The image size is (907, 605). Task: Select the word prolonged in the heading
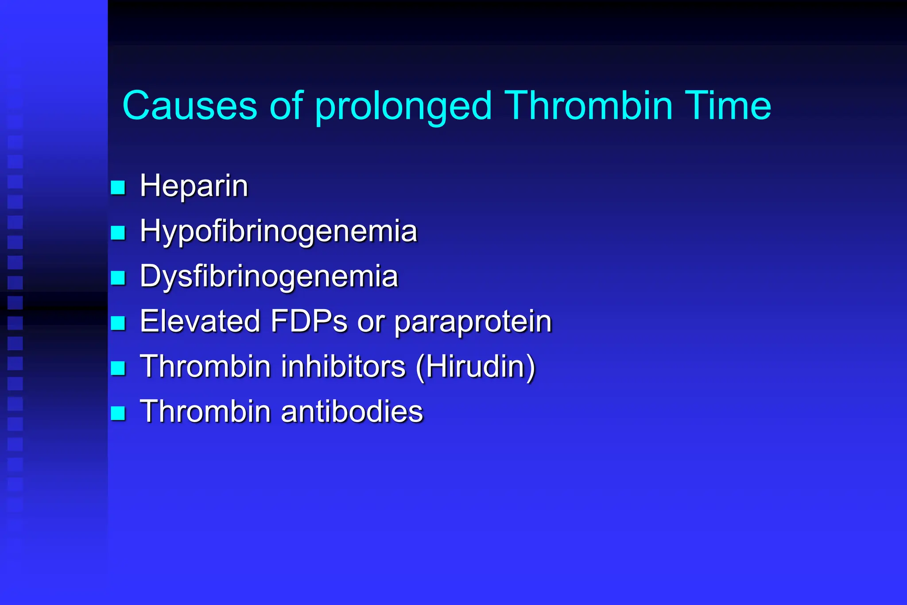[403, 106]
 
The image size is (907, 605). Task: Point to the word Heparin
[194, 186]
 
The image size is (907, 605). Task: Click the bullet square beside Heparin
[118, 187]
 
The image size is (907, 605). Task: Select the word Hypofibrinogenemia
[278, 231]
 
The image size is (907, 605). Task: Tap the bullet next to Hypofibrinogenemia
[118, 233]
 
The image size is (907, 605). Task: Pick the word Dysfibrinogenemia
[269, 276]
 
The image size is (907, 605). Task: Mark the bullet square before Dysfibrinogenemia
[118, 278]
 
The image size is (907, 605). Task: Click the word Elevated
[200, 321]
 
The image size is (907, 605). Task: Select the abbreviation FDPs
[309, 321]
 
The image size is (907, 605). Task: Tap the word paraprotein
[473, 322]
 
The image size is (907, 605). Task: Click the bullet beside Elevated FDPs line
[118, 323]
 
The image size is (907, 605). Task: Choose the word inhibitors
[343, 366]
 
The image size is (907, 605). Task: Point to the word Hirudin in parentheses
[476, 366]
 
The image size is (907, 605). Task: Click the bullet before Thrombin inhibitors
[118, 368]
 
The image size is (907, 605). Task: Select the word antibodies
[352, 411]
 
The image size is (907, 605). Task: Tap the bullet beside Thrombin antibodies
[118, 413]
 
